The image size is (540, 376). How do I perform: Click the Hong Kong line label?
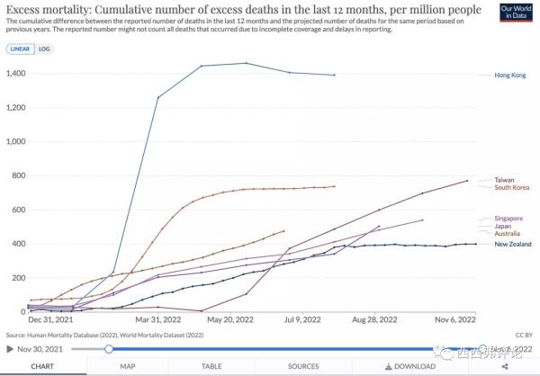(510, 76)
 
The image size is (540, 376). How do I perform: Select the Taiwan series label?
(505, 180)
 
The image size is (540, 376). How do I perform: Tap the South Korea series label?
(511, 187)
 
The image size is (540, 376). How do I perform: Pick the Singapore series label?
(509, 219)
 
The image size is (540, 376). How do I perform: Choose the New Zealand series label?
(513, 244)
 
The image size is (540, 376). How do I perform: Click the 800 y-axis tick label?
(17, 175)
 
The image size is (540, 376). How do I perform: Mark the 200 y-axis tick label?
(17, 278)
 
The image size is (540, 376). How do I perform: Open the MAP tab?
(127, 366)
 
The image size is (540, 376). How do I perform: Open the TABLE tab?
(211, 366)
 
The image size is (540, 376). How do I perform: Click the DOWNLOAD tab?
(409, 366)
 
